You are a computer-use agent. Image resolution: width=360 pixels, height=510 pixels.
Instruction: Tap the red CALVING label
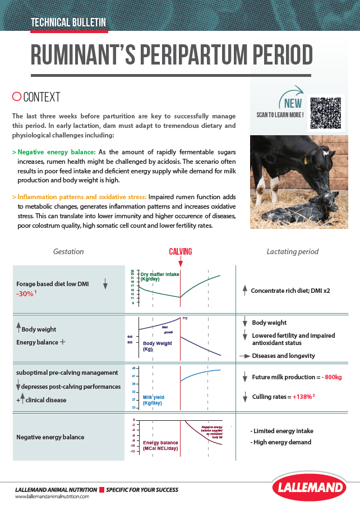pyautogui.click(x=181, y=251)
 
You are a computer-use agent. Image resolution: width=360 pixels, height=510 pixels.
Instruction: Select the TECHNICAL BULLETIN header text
pyautogui.click(x=68, y=23)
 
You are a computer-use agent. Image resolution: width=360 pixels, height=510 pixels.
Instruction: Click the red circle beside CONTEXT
pyautogui.click(x=16, y=97)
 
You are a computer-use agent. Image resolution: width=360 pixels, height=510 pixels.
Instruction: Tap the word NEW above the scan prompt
pyautogui.click(x=293, y=103)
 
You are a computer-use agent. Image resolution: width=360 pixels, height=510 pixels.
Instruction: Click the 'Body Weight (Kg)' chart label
pyautogui.click(x=156, y=346)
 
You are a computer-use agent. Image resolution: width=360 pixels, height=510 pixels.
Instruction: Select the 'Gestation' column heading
pyautogui.click(x=68, y=252)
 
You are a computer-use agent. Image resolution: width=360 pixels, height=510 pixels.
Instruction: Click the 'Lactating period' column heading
pyautogui.click(x=292, y=252)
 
